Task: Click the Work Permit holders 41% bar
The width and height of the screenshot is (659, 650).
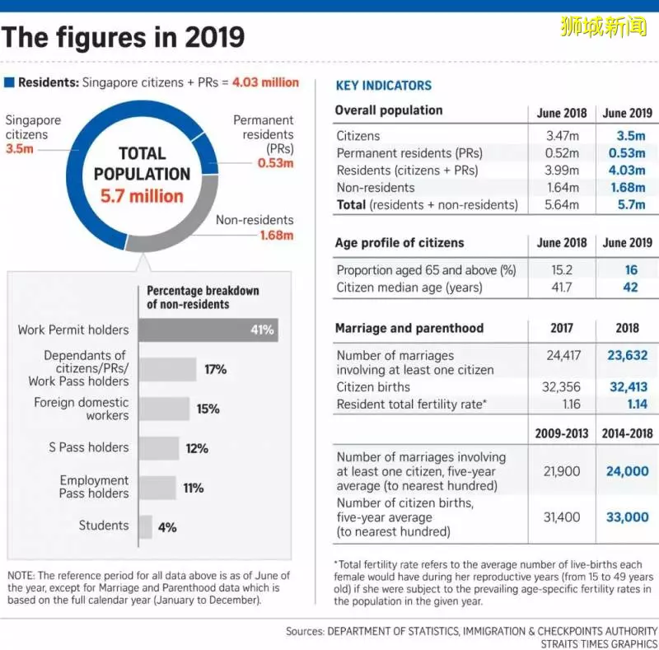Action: pos(208,330)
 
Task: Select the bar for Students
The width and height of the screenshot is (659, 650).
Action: pos(146,526)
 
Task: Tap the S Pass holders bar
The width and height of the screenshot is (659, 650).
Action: pos(159,448)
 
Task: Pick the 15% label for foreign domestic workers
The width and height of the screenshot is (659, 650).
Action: pos(208,409)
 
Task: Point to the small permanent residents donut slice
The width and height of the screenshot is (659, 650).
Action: pos(208,154)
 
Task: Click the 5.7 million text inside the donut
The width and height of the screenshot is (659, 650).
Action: pos(142,196)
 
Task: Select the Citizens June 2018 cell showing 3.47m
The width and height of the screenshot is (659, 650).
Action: pos(563,136)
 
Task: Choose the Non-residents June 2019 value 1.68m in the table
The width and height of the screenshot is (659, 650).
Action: pos(628,188)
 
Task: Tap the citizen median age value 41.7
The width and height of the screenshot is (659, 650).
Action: pos(562,288)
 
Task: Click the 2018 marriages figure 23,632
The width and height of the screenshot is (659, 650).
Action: pos(628,356)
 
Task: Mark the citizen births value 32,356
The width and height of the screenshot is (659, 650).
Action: pos(561,387)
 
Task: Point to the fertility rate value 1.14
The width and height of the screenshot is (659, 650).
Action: pos(637,404)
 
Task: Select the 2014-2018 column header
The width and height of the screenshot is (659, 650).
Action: pos(627,433)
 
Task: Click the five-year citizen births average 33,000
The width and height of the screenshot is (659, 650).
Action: pos(628,517)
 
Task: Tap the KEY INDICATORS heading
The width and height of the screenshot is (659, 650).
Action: pos(384,86)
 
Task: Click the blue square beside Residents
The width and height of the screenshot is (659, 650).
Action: pos(9,82)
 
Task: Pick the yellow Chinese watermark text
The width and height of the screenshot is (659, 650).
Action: pos(604,26)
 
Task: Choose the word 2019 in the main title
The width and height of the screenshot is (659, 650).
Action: pos(214,37)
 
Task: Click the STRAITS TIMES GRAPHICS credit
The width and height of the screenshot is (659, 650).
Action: pos(599,643)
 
